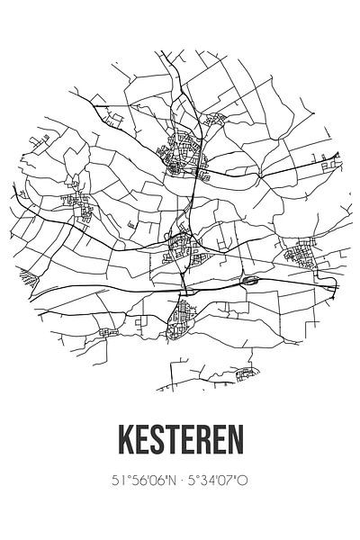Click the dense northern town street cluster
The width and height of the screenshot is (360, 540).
[185, 157]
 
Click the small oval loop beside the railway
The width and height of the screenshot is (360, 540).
[249, 282]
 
